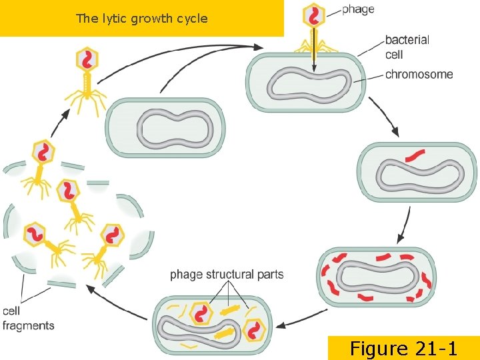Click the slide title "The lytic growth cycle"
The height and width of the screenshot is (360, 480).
click(x=141, y=19)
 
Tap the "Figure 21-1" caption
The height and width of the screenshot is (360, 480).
click(x=403, y=348)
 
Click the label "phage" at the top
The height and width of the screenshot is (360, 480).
click(x=358, y=9)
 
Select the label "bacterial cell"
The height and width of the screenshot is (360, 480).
click(x=407, y=47)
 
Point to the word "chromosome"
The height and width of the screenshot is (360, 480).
click(x=419, y=74)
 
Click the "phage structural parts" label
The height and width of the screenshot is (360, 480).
click(x=227, y=274)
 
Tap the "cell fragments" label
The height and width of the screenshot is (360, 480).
click(x=28, y=319)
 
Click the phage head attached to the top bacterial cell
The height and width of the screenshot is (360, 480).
click(x=314, y=15)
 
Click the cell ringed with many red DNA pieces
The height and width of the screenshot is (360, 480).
click(x=377, y=277)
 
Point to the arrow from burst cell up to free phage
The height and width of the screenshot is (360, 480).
click(x=57, y=123)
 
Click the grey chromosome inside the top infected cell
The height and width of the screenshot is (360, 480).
click(x=309, y=85)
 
